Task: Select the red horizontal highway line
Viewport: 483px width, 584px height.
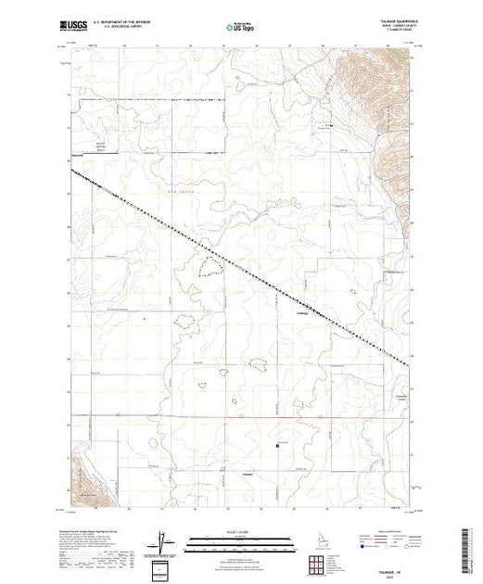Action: click(x=232, y=416)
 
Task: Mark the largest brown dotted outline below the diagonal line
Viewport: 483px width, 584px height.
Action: click(x=210, y=268)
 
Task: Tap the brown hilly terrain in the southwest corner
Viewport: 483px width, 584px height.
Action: click(x=88, y=481)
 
